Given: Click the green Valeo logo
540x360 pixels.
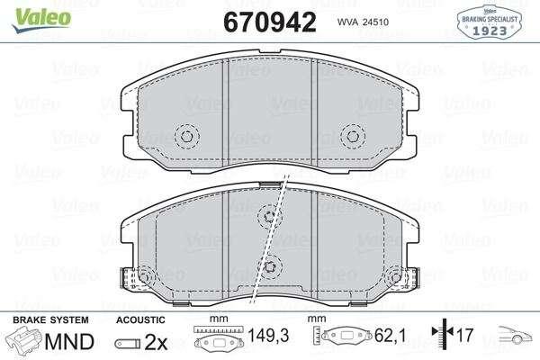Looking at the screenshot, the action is (x=41, y=19).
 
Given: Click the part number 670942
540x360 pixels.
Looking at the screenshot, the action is (x=270, y=22).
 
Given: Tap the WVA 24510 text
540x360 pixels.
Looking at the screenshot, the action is (x=363, y=22).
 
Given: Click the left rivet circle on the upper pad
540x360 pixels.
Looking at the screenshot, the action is (x=186, y=137).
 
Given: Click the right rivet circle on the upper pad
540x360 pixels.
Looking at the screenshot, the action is (x=353, y=137).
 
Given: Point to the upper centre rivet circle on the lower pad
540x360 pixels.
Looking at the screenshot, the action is (x=269, y=216).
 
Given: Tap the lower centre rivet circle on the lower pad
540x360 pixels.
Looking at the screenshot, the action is (x=270, y=266).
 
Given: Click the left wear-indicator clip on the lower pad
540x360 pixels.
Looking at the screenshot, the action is (x=129, y=278).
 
